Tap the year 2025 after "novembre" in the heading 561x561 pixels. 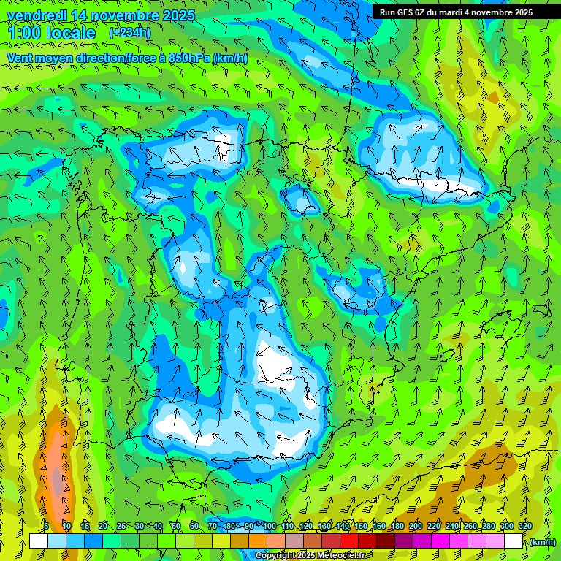(x=176, y=16)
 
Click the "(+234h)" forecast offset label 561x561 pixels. (x=129, y=33)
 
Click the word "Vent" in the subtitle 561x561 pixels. (x=21, y=58)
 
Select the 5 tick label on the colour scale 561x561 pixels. (x=46, y=526)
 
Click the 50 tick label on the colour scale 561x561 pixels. (x=176, y=526)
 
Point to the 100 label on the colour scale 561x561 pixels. (x=269, y=526)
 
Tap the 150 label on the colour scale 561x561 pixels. (x=361, y=526)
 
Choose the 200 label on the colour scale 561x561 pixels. (x=416, y=526)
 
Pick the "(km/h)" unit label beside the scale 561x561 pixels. (x=543, y=542)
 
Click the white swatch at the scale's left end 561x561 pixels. (x=38, y=541)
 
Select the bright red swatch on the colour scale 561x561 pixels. (x=350, y=541)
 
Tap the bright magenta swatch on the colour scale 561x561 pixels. (x=441, y=541)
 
